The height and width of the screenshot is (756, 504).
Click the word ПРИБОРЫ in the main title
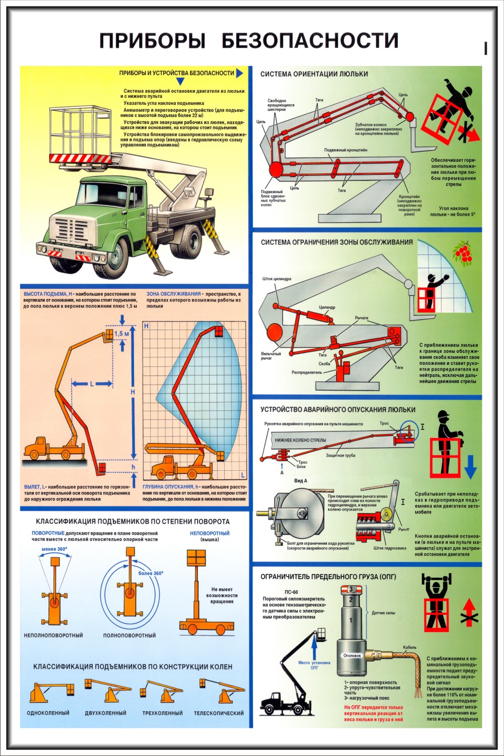[152, 41]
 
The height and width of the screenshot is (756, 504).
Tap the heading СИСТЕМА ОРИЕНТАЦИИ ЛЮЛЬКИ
[314, 74]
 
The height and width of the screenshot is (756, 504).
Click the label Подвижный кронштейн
[346, 150]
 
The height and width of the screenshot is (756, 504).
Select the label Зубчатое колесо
[370, 124]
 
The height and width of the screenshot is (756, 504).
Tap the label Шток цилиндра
[277, 279]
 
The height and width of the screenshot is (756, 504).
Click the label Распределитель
[306, 372]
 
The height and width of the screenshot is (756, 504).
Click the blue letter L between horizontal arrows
[92, 384]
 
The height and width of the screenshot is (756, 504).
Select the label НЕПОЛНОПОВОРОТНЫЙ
[53, 636]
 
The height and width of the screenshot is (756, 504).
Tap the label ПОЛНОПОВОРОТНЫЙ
[130, 636]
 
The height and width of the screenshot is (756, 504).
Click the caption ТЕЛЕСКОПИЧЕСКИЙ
[219, 713]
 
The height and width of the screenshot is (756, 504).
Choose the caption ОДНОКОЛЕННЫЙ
[48, 713]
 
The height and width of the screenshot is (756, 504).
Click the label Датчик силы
[383, 613]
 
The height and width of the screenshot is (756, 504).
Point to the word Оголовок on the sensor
[352, 656]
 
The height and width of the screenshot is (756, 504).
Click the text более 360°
[151, 573]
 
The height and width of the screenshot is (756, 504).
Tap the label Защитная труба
[341, 455]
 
